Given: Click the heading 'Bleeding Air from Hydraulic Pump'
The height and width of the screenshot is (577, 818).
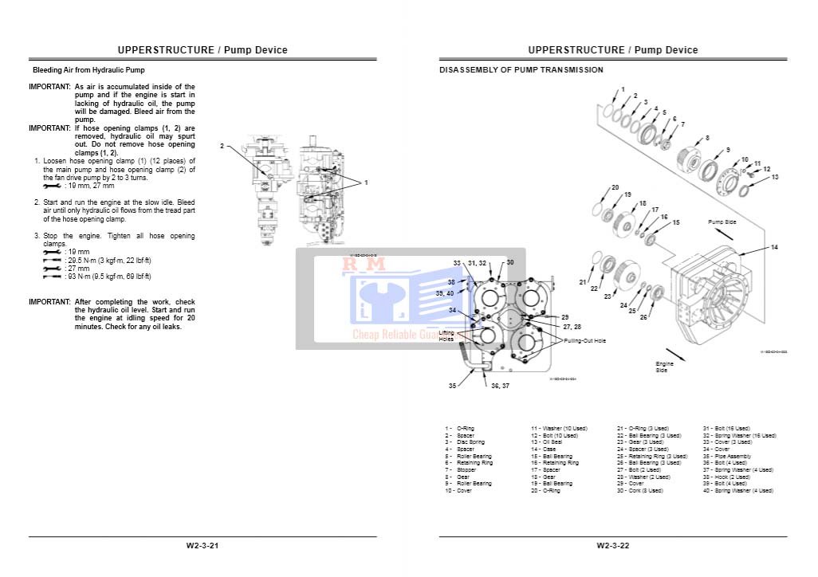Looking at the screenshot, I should click(88, 71).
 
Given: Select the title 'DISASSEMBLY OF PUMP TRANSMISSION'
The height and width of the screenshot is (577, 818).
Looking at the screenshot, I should click(521, 70).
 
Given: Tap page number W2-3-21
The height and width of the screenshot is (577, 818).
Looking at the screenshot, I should click(203, 546).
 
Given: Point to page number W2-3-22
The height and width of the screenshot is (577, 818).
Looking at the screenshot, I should click(613, 546).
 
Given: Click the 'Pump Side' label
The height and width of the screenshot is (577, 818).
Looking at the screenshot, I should click(722, 222).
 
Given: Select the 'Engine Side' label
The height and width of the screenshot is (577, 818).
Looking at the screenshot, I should click(664, 367).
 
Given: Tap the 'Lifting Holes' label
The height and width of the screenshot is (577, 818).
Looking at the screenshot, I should click(446, 336).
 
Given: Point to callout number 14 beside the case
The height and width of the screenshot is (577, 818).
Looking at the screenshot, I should click(773, 248).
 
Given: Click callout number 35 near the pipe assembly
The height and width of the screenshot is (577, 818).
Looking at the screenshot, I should click(452, 386).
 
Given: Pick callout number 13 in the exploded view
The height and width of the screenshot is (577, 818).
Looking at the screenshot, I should click(774, 177).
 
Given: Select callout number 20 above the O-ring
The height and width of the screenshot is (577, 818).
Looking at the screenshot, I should click(615, 188).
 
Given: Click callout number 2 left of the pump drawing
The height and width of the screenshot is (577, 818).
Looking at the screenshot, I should click(222, 146).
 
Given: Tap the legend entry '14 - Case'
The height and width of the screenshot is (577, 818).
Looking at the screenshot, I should click(544, 449).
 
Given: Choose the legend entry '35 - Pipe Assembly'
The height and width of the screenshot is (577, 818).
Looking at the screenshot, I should click(726, 456).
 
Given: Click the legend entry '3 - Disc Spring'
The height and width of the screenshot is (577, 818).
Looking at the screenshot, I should click(465, 442).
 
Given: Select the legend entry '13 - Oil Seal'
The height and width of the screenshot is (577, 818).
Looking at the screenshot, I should click(547, 442).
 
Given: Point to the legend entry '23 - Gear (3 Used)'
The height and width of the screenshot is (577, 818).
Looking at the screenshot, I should click(643, 442).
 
